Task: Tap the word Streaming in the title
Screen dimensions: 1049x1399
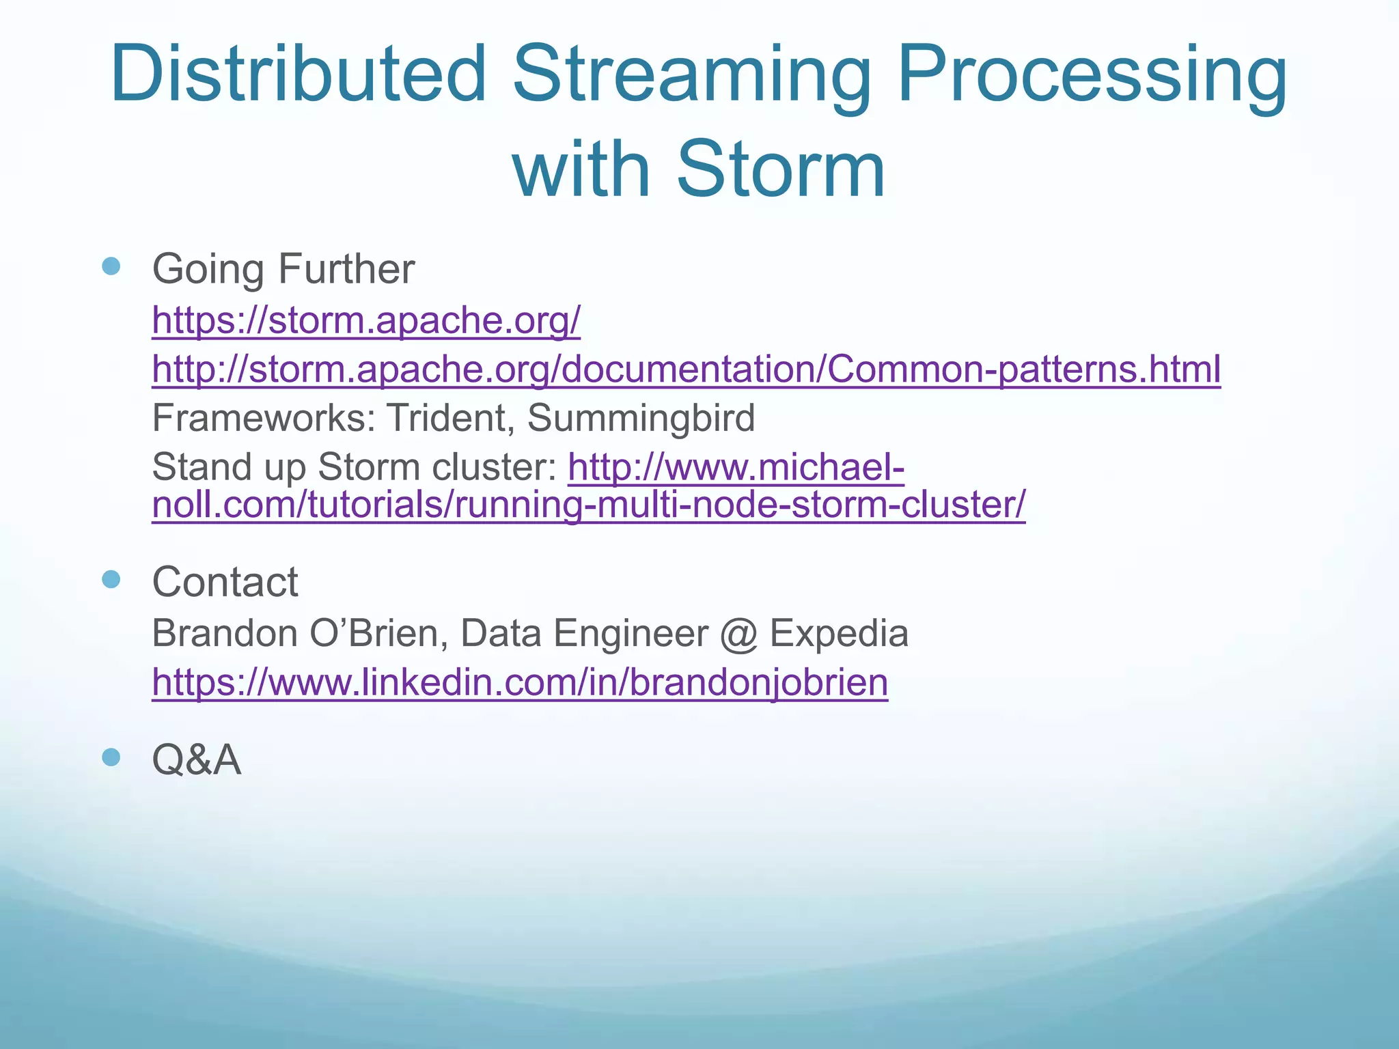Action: [691, 75]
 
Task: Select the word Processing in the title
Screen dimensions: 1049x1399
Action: [1092, 75]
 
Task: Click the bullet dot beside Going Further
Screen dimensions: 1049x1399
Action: [111, 266]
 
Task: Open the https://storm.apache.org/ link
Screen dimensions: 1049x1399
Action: [366, 320]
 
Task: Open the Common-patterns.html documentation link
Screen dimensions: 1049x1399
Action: [686, 369]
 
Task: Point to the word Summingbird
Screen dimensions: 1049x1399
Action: [641, 417]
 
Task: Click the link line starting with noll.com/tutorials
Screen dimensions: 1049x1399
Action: [588, 505]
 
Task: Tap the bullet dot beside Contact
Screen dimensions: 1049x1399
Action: [111, 580]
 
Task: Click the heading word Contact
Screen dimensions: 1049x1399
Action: [225, 582]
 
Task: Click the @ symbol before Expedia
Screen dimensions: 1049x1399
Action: [738, 634]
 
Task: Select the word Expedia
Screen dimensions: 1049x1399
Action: [839, 633]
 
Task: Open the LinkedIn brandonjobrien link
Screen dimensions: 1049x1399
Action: [520, 682]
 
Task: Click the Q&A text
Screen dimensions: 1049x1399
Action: [196, 759]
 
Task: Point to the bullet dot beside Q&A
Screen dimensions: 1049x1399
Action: [111, 757]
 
